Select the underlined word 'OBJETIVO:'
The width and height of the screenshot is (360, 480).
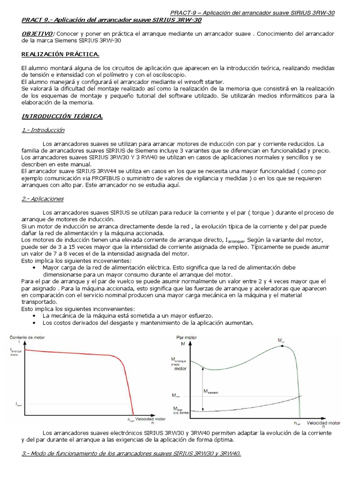coord(38,34)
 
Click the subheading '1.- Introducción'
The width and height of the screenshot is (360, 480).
coord(43,130)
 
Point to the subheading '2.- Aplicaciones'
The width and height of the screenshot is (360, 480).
coord(43,199)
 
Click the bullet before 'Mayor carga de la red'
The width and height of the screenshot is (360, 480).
coord(36,268)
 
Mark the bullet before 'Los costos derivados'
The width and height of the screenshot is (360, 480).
coord(36,322)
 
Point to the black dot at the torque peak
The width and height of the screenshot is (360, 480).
coord(281,345)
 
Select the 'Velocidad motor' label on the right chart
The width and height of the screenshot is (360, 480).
coord(320,423)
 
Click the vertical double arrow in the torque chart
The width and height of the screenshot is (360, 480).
coord(202,389)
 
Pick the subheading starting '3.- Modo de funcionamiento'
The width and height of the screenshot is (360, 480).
coord(131,454)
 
